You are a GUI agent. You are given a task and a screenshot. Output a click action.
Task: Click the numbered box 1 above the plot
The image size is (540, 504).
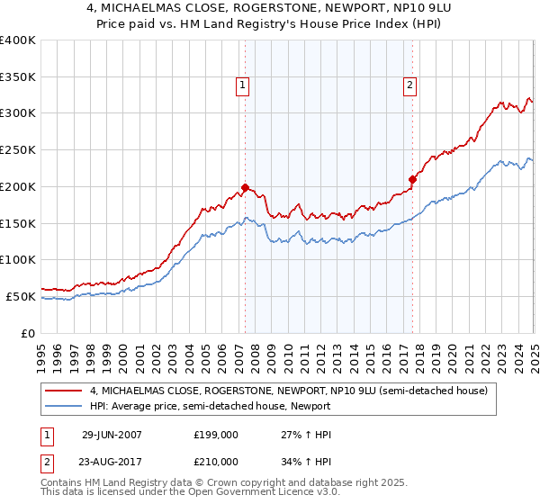pyautogui.click(x=243, y=85)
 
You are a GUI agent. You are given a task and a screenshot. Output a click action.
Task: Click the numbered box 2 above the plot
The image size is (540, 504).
pyautogui.click(x=409, y=85)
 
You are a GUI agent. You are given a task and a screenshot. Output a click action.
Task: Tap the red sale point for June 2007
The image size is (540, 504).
pyautogui.click(x=245, y=187)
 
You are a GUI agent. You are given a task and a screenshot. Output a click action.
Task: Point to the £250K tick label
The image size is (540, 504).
pyautogui.click(x=18, y=149)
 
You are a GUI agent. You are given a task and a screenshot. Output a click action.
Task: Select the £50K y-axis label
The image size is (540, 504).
pyautogui.click(x=22, y=296)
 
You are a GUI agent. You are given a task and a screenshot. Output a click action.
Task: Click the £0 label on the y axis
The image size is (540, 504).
pyautogui.click(x=29, y=333)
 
